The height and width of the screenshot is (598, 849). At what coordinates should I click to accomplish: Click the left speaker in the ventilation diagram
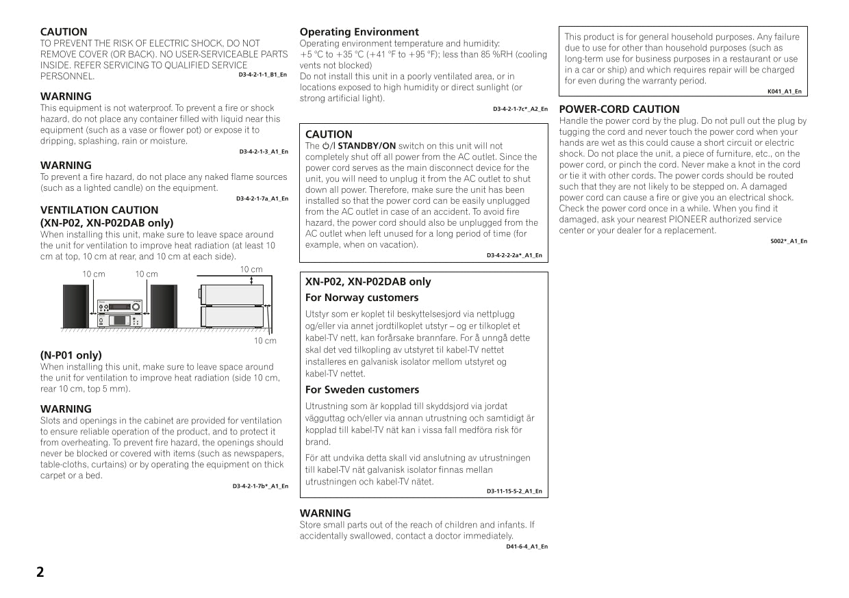[x=75, y=306]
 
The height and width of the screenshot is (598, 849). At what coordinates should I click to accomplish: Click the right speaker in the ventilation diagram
[x=163, y=306]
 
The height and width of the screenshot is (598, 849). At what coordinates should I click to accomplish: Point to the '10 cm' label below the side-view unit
[x=265, y=341]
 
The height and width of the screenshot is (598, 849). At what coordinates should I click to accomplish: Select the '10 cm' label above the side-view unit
[x=251, y=270]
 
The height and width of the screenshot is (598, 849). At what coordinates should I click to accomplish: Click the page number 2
[x=40, y=573]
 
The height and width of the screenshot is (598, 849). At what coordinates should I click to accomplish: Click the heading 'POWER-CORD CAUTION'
[x=619, y=109]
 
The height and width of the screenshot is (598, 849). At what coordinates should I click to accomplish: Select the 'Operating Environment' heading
[x=359, y=32]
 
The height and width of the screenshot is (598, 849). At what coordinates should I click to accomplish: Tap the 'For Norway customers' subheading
[x=362, y=298]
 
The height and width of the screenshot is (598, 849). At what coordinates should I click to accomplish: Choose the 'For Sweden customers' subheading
[x=362, y=390]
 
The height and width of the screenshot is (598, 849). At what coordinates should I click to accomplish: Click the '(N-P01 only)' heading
[x=71, y=355]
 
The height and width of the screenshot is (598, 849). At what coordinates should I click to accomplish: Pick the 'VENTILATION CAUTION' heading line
[x=99, y=210]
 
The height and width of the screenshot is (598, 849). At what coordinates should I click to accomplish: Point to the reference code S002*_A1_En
[x=788, y=241]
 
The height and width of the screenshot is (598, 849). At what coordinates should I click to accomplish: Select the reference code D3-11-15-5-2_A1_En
[x=514, y=491]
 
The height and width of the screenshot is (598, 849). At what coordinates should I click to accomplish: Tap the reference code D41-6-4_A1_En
[x=527, y=547]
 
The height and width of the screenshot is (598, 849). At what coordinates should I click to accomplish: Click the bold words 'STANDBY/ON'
[x=367, y=146]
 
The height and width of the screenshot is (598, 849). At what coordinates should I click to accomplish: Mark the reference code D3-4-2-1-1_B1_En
[x=262, y=75]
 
